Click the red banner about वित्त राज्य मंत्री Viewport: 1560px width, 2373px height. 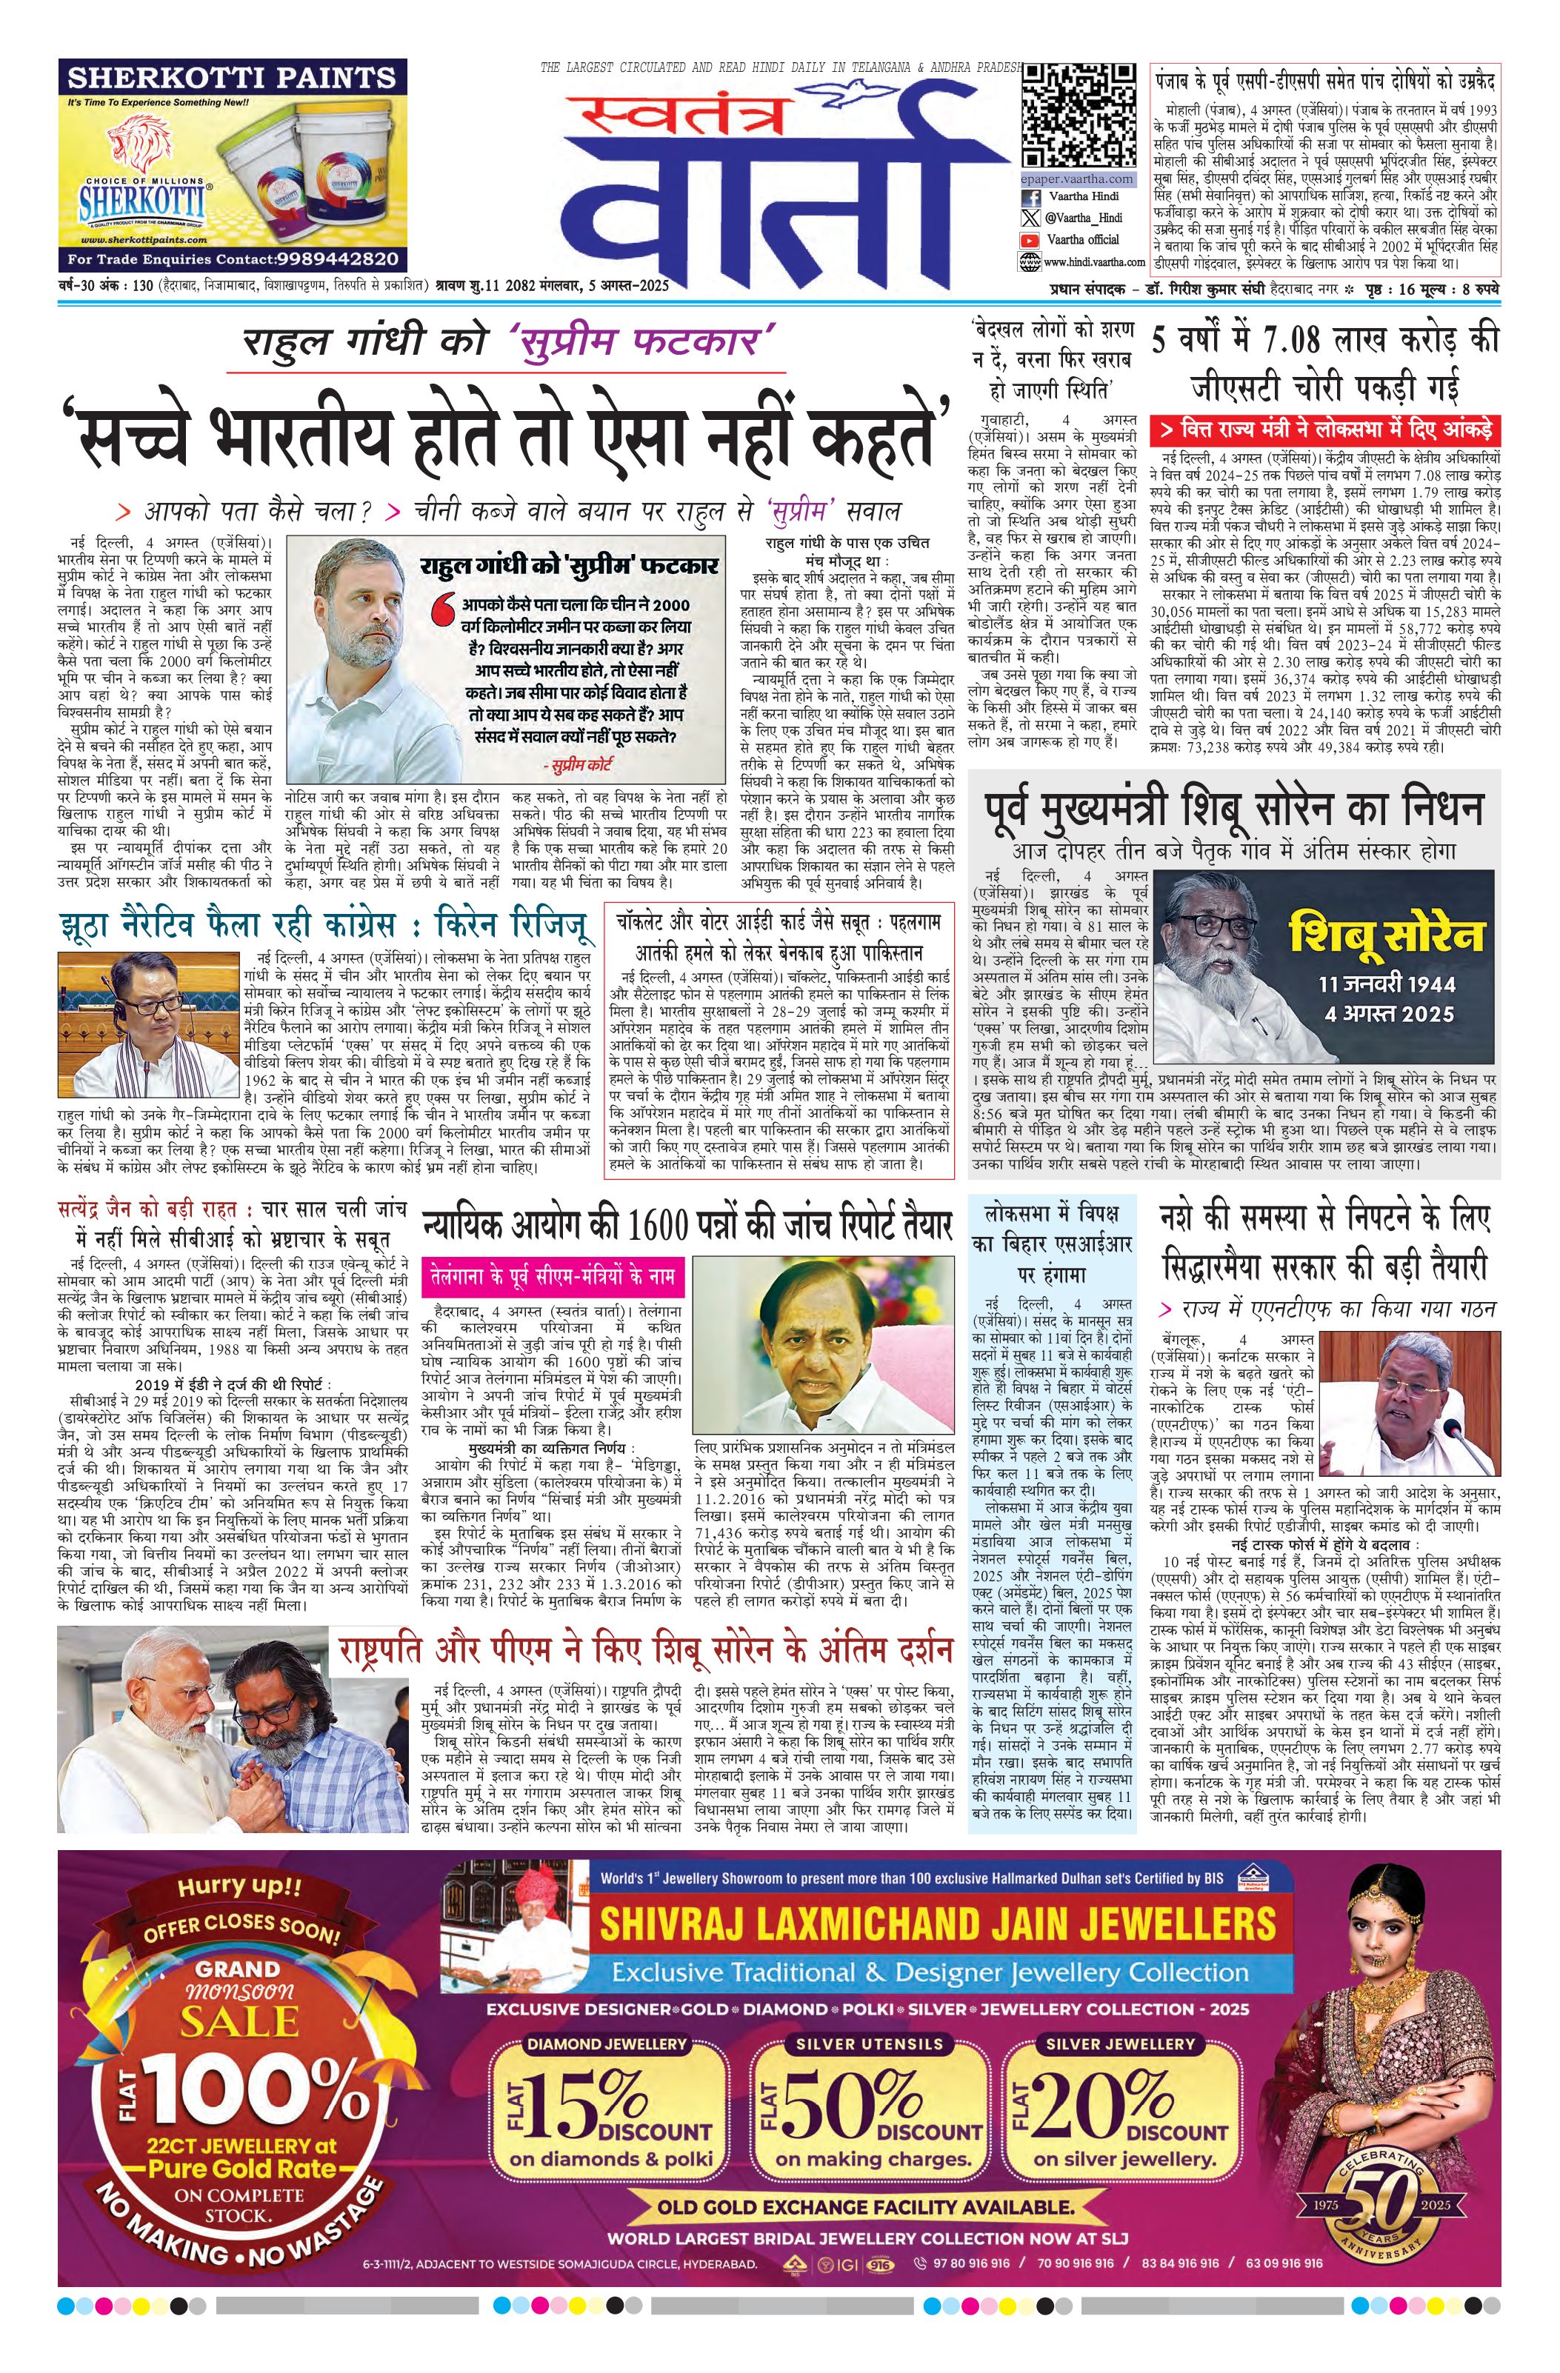pyautogui.click(x=1324, y=430)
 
